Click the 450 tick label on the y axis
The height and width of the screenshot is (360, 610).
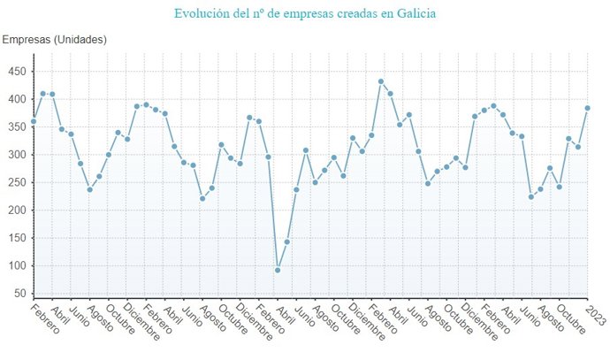[18, 72]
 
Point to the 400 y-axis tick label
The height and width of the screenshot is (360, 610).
[18, 99]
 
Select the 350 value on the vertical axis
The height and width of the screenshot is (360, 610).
[18, 126]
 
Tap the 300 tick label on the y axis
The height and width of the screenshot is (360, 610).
[18, 155]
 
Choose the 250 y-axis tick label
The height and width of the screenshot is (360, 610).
[18, 182]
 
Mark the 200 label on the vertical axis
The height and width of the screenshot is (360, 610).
[18, 210]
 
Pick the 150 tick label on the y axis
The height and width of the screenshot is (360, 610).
[18, 238]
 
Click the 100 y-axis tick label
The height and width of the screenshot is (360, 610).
[18, 265]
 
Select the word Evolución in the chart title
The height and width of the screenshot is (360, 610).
[204, 14]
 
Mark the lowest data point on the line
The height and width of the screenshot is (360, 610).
[278, 270]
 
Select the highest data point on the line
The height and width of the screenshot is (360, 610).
[381, 81]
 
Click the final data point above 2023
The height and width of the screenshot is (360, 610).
[587, 108]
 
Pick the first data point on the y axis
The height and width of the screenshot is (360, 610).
[34, 121]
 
